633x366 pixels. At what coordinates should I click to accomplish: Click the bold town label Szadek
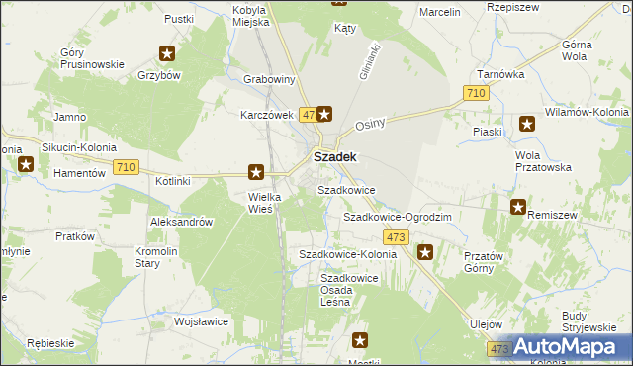point(334,156)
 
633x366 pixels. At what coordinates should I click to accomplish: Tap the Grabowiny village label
point(271,80)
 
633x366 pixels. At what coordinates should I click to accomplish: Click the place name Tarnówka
point(499,73)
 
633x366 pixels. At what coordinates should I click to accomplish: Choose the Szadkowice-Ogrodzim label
point(397,217)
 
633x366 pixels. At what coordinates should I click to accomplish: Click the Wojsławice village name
point(202,321)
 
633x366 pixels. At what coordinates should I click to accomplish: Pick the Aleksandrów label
point(182,223)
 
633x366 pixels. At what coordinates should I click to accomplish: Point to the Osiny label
point(369,124)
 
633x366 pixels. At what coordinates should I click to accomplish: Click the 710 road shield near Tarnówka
point(476,93)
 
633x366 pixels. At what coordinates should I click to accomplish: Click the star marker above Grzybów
point(169,54)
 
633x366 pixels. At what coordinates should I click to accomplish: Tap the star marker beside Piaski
point(527,124)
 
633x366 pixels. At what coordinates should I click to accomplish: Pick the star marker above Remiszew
point(517,207)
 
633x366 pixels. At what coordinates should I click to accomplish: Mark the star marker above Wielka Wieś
point(256,172)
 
